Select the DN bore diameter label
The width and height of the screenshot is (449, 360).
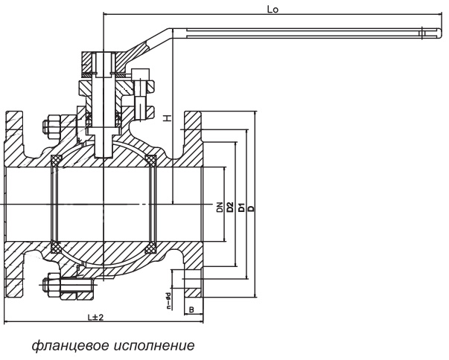(220, 207)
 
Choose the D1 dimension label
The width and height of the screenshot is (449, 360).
(241, 207)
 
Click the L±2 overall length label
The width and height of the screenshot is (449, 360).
(95, 317)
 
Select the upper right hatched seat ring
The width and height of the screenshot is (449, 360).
(151, 160)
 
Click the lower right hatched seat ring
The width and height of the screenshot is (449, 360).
(151, 245)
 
